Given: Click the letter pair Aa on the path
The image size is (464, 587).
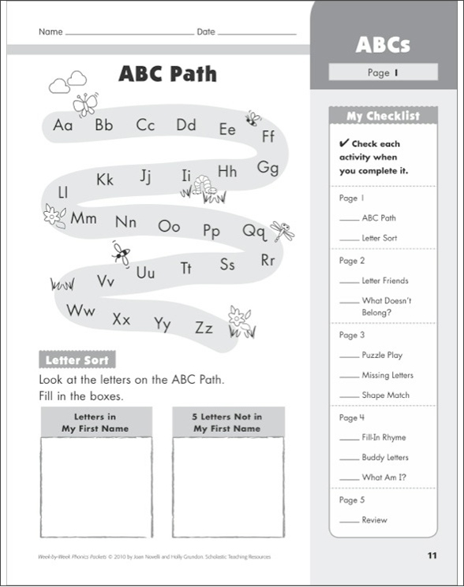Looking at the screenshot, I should [x=63, y=124].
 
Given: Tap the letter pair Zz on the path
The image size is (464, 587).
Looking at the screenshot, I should [x=204, y=327].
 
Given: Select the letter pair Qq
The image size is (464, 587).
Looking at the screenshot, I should [x=254, y=231].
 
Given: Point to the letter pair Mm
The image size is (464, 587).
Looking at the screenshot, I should [x=83, y=218].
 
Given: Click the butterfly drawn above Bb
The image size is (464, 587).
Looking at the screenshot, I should [x=84, y=104].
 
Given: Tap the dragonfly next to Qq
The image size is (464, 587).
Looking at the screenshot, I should [x=282, y=231].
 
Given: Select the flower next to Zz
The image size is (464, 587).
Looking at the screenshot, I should [x=238, y=318].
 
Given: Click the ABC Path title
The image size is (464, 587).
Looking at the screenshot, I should [x=167, y=75].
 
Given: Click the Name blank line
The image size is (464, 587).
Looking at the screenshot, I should [x=129, y=35].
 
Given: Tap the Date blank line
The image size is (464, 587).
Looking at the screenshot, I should [x=257, y=35].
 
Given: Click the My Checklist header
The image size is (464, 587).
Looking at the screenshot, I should [x=384, y=116].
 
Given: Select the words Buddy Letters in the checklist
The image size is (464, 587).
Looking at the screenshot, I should [x=385, y=457].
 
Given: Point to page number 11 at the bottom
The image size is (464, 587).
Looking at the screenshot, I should [x=432, y=555].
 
